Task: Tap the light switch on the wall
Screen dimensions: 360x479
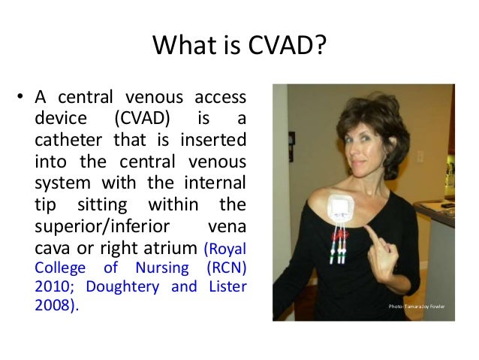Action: pyautogui.click(x=421, y=156)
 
